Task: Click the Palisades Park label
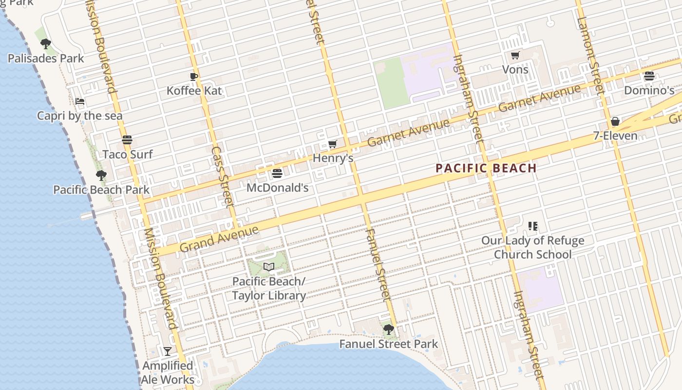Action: pyautogui.click(x=46, y=58)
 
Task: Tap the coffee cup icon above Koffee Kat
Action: pyautogui.click(x=194, y=76)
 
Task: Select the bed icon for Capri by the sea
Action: pyautogui.click(x=80, y=101)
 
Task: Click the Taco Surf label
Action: pyautogui.click(x=128, y=155)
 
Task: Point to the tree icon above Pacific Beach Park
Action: pyautogui.click(x=101, y=175)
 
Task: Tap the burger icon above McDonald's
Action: pyautogui.click(x=277, y=173)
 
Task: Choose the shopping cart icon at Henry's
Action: pyautogui.click(x=333, y=144)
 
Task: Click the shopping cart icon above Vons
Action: pyautogui.click(x=515, y=55)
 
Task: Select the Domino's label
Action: pyautogui.click(x=649, y=91)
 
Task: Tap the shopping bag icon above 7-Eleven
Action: pyautogui.click(x=615, y=121)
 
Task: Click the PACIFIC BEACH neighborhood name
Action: pyautogui.click(x=486, y=169)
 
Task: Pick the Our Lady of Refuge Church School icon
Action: pyautogui.click(x=532, y=226)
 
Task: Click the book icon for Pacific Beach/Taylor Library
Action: pyautogui.click(x=269, y=267)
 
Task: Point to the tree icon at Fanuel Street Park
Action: pyautogui.click(x=388, y=330)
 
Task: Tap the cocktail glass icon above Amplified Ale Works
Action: pyautogui.click(x=168, y=351)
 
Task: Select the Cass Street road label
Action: pyautogui.click(x=223, y=177)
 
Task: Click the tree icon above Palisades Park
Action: pyautogui.click(x=46, y=44)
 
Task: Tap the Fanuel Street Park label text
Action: pyautogui.click(x=388, y=344)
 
